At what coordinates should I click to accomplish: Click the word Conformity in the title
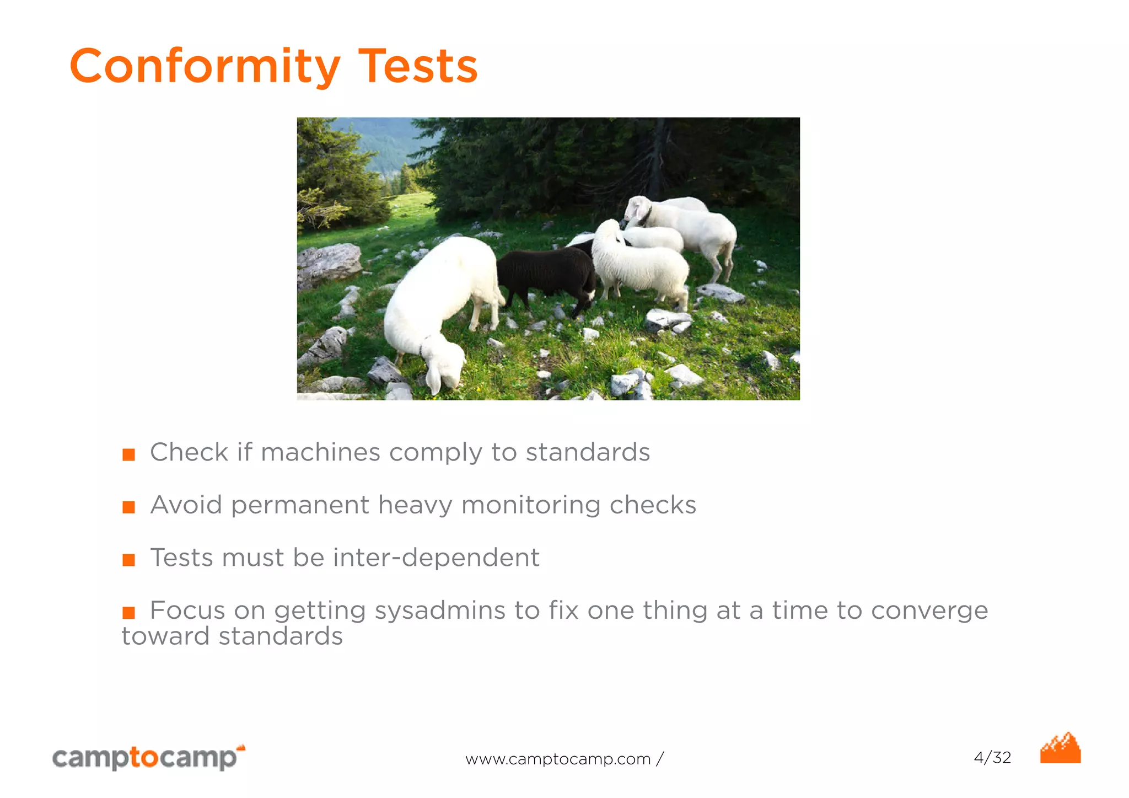[205, 66]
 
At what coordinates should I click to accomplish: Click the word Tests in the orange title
[418, 66]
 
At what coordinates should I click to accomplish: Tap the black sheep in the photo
[546, 276]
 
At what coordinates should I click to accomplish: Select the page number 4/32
[992, 757]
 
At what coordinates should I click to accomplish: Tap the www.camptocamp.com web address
[558, 759]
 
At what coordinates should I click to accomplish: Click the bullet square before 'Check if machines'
[128, 454]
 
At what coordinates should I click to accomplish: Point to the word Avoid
[186, 505]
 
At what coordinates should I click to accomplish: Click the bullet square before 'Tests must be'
[128, 560]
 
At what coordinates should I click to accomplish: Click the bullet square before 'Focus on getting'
[128, 612]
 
